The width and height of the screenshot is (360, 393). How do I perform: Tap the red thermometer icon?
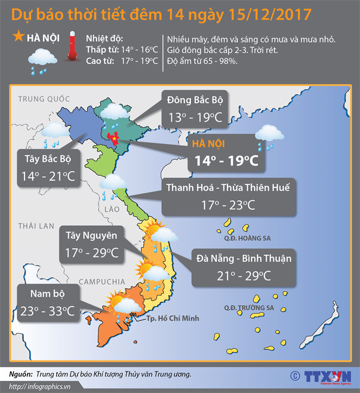pyautogui.click(x=72, y=48)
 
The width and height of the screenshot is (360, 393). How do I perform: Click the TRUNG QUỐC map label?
pyautogui.click(x=45, y=99)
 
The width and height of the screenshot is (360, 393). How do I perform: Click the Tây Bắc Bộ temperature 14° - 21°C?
pyautogui.click(x=49, y=176)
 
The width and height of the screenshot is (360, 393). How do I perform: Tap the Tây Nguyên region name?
pyautogui.click(x=90, y=236)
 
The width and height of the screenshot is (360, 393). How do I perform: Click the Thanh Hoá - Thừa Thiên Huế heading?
pyautogui.click(x=228, y=187)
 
